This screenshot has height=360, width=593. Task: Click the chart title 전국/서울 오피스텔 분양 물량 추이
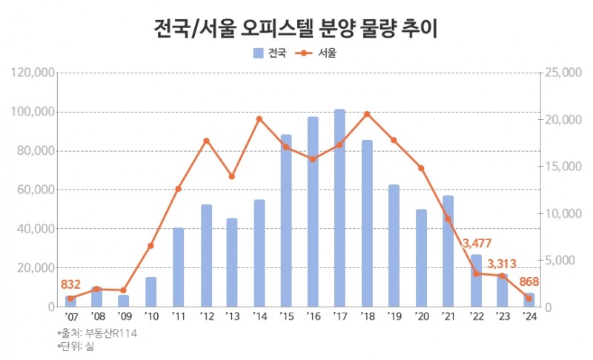click(x=296, y=29)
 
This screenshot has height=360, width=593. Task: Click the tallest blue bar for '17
click(x=339, y=207)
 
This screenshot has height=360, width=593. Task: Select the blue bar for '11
click(x=178, y=267)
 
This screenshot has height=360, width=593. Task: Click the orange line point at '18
click(x=367, y=114)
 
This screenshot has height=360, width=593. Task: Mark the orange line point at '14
click(x=259, y=119)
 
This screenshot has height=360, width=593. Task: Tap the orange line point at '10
click(x=150, y=245)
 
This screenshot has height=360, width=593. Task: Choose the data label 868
click(x=529, y=281)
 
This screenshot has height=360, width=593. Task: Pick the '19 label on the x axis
click(x=394, y=317)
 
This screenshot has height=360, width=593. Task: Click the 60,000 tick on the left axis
click(x=36, y=190)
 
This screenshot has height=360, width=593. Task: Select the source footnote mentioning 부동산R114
click(x=96, y=333)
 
